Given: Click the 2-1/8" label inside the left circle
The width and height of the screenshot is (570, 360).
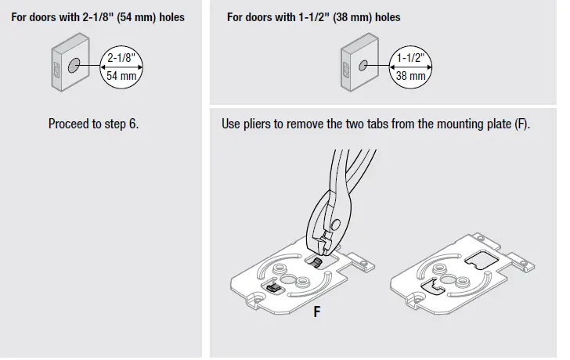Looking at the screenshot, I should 121,57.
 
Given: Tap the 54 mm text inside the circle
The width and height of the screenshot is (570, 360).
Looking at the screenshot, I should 121,76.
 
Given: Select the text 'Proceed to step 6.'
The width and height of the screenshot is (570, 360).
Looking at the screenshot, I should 93,124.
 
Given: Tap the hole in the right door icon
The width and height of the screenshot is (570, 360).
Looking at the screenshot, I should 362,66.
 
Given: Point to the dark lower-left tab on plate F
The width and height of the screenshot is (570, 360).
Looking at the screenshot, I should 273,289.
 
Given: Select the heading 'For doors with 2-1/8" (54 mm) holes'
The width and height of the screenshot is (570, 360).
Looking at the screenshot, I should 98,16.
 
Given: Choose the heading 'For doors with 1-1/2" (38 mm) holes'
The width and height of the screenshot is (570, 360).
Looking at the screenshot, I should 316,16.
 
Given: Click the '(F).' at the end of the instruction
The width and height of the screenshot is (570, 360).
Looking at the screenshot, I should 522,124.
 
